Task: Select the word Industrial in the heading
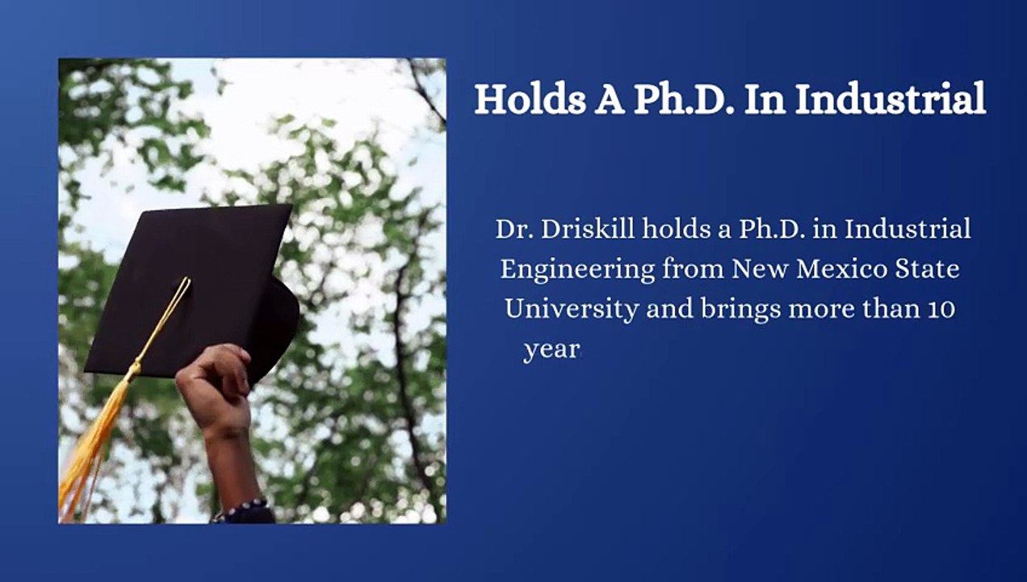(x=889, y=99)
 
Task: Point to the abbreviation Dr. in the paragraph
(x=512, y=229)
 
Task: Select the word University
(x=572, y=310)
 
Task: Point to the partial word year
(x=551, y=351)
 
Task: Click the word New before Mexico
(x=761, y=268)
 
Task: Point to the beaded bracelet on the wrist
(x=241, y=510)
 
